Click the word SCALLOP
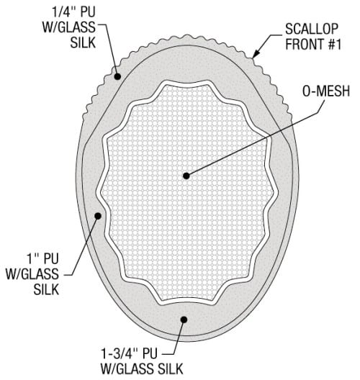(x=312, y=29)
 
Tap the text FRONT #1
(x=313, y=44)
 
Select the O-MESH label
(x=326, y=91)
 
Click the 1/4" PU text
(x=74, y=12)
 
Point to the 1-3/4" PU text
(x=129, y=353)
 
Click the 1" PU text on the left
(x=42, y=258)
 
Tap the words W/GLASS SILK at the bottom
(x=142, y=369)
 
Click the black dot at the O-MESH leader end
(x=186, y=176)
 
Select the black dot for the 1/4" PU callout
(x=117, y=76)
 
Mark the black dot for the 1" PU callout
(x=98, y=216)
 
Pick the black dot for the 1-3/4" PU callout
(x=184, y=320)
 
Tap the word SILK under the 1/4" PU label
(x=83, y=42)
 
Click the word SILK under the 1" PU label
(x=46, y=289)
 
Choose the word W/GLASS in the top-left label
(x=69, y=27)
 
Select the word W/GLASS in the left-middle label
(x=32, y=274)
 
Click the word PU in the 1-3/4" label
(x=150, y=353)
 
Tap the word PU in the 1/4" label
(x=88, y=12)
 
